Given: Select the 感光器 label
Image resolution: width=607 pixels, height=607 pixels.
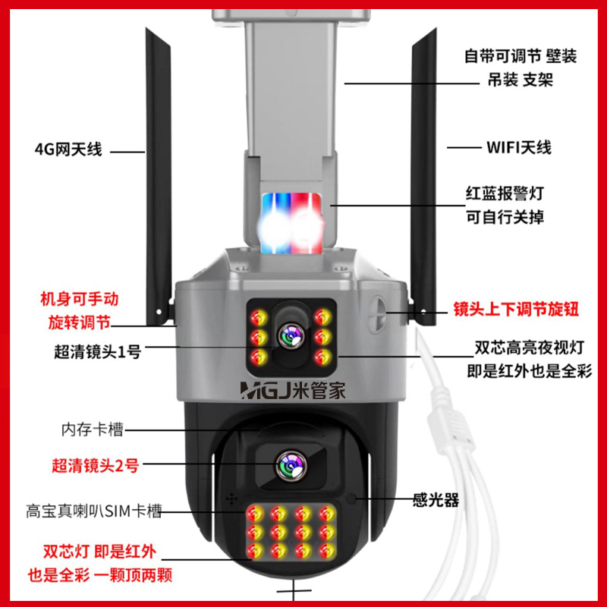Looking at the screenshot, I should [436, 500].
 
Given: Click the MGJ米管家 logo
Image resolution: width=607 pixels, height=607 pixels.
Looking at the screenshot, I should [293, 391].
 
